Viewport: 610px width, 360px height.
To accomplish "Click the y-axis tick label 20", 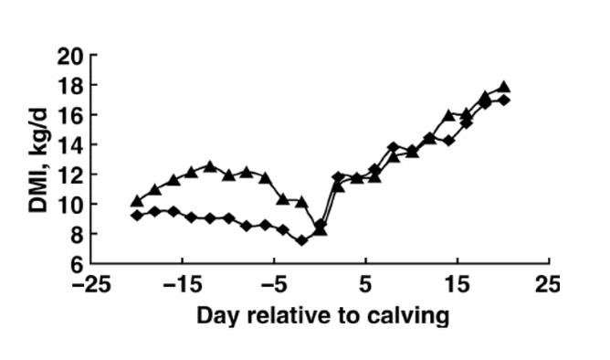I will click(x=97, y=56).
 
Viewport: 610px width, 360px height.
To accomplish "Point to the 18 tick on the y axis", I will click(x=97, y=86).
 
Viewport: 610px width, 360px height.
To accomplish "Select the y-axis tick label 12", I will click(x=97, y=175).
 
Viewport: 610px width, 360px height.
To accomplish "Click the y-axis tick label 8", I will click(x=102, y=234).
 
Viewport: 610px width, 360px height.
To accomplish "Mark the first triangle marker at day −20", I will click(x=137, y=201).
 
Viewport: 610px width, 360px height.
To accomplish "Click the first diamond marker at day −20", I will click(x=137, y=216).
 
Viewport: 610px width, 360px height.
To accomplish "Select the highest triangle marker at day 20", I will click(x=503, y=87).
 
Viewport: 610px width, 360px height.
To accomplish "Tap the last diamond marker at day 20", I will click(x=503, y=100).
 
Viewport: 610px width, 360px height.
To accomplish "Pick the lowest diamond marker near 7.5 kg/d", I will click(x=301, y=240).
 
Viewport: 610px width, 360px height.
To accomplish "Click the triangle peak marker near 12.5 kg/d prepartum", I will click(x=210, y=166).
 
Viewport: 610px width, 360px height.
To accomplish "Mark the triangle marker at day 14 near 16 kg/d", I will click(x=448, y=115).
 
